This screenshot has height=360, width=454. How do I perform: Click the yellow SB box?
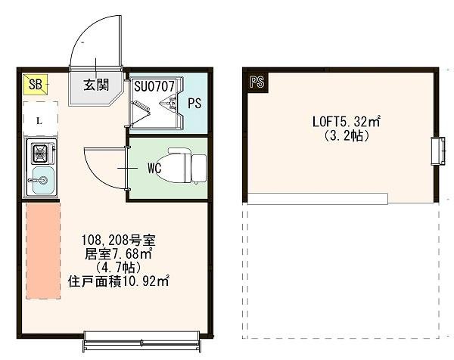[35, 84]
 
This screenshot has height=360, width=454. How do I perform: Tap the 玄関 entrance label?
[95, 84]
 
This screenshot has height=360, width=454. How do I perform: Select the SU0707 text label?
[154, 86]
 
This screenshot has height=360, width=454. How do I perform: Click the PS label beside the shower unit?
[194, 104]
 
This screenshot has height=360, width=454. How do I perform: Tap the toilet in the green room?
[187, 164]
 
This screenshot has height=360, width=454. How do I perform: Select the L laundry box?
[38, 120]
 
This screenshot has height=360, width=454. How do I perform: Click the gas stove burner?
[39, 154]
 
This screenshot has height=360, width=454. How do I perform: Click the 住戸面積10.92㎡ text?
[118, 281]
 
